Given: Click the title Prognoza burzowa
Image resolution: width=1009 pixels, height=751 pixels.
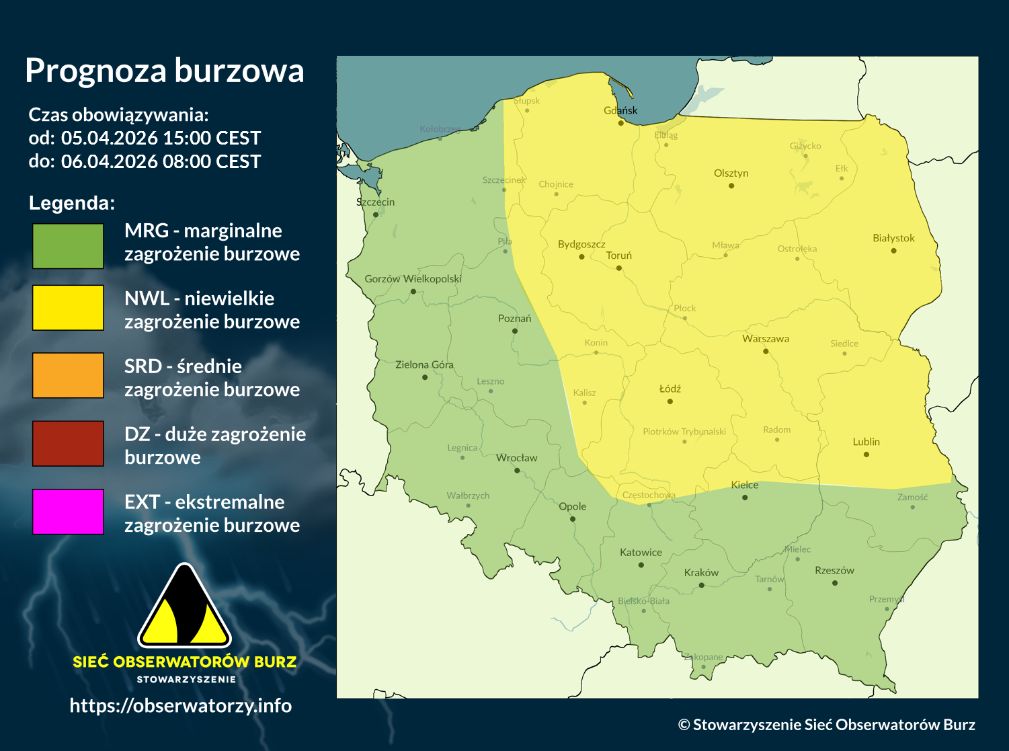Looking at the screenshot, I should click(165, 71).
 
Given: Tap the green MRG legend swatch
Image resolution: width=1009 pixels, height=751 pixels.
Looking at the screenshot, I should click(68, 246).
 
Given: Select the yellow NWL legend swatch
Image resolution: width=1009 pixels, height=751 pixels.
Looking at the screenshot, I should click(68, 308).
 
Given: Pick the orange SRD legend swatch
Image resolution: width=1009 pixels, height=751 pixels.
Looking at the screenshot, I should click(68, 376).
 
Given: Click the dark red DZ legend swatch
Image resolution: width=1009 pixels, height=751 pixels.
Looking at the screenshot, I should click(68, 444).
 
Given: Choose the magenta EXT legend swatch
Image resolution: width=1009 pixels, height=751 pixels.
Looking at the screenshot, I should click(68, 512).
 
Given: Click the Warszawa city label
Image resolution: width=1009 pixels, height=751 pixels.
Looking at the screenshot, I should click(766, 339).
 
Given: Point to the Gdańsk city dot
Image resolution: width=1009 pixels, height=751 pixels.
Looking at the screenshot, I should click(621, 123).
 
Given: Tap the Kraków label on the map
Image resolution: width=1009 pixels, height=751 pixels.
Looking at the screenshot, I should click(701, 573).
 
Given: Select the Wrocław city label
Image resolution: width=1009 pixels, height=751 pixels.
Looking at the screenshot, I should click(516, 458).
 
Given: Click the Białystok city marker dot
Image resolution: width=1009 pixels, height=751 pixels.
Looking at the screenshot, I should click(893, 251).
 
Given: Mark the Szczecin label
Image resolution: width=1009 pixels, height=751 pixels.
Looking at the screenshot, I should click(375, 202).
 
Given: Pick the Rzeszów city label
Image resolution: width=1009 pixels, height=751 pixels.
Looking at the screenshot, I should click(834, 570).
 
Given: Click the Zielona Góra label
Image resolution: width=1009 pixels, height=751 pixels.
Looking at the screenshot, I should click(424, 364).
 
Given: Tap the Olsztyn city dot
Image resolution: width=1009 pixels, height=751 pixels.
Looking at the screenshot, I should click(731, 186).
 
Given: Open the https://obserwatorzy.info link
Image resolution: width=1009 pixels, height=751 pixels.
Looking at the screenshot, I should click(181, 705).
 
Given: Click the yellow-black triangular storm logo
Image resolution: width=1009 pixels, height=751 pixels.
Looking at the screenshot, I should click(184, 607).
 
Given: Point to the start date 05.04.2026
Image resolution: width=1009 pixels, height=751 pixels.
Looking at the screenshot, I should click(110, 138).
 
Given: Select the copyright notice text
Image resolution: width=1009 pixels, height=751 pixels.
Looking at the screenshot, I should click(826, 724).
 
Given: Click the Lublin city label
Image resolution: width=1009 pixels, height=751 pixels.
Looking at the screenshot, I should click(866, 442).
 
